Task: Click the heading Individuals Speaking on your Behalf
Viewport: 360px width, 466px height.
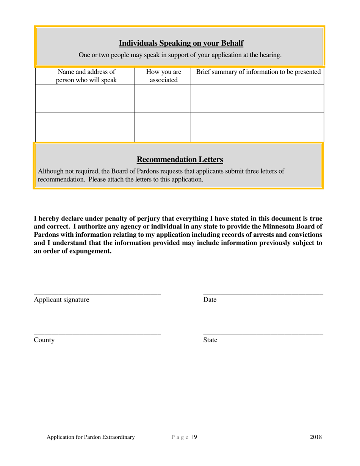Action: pos(181,43)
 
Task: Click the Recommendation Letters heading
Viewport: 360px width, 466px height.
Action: pos(180,159)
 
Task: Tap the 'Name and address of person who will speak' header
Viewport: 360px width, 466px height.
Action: pos(86,76)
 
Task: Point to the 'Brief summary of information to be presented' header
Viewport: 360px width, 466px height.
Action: pos(258,72)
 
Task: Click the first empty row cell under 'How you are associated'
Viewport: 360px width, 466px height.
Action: pos(162,99)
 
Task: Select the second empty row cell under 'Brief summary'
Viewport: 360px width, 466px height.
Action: pos(257,127)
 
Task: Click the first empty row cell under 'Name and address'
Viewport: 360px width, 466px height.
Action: pos(85,99)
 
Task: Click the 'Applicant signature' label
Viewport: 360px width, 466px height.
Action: pos(62,300)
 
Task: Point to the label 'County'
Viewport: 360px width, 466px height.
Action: pos(44,340)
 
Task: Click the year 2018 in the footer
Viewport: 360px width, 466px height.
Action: pos(316,437)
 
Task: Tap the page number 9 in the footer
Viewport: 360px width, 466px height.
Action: pos(196,437)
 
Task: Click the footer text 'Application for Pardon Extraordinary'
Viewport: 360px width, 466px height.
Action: pos(91,437)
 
